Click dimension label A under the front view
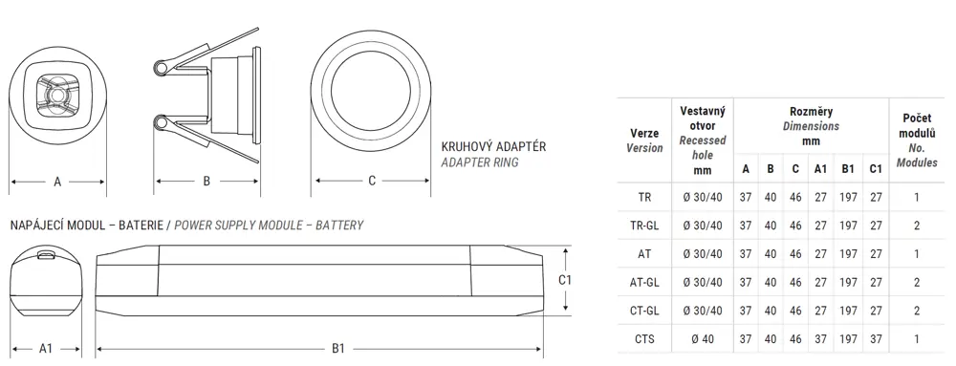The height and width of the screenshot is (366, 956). point(57,182)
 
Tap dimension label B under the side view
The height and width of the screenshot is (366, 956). point(206,181)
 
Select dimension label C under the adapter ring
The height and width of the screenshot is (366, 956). point(372,181)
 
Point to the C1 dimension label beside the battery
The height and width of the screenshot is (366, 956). point(565,280)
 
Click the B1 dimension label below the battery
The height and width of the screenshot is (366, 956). point(338,349)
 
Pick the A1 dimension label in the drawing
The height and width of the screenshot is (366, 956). point(46,349)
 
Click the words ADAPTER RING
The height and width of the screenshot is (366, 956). point(480,162)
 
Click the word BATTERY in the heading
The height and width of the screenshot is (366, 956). point(339,226)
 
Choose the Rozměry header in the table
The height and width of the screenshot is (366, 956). point(811,112)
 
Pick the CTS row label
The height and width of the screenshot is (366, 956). point(644,339)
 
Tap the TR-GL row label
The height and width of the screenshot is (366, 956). point(644,226)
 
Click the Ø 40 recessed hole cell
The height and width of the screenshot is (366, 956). point(703,339)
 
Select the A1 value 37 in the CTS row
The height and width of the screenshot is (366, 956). point(820,339)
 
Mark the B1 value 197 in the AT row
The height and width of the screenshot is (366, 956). point(848,254)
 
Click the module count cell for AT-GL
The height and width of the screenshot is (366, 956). point(917,283)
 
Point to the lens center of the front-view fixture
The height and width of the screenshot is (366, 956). point(57,96)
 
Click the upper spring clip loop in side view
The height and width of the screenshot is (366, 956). point(162,68)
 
